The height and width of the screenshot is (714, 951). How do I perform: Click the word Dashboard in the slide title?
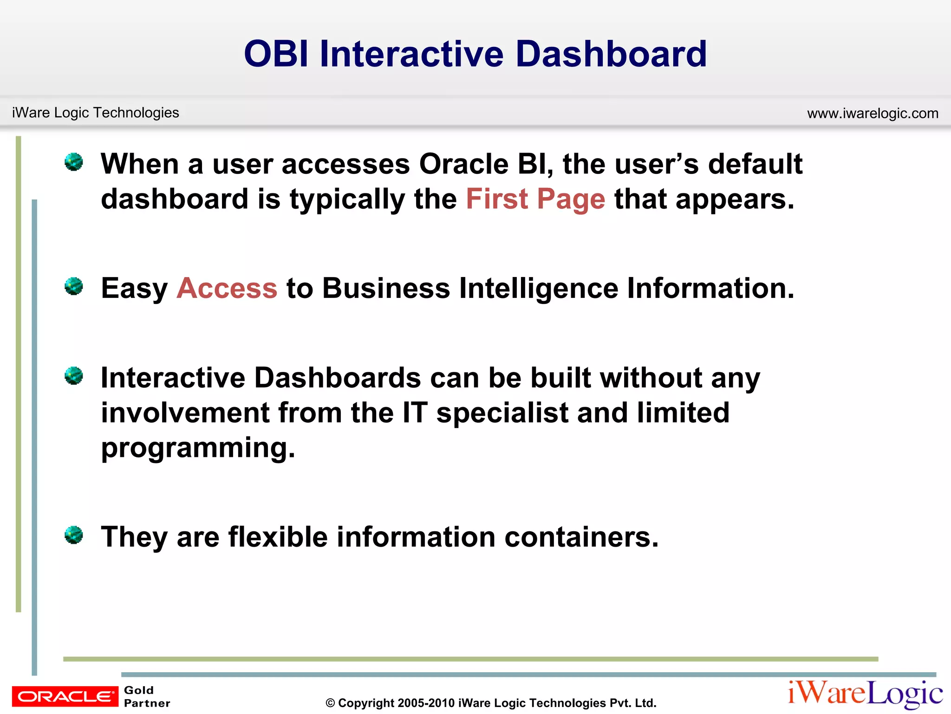pyautogui.click(x=611, y=54)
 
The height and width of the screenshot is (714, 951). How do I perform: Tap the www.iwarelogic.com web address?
pyautogui.click(x=873, y=113)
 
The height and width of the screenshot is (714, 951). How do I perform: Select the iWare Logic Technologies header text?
pyautogui.click(x=95, y=112)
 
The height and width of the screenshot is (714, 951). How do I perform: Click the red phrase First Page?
pyautogui.click(x=535, y=199)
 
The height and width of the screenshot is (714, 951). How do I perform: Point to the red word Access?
pyautogui.click(x=227, y=288)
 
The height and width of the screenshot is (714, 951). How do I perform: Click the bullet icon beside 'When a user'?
pyautogui.click(x=73, y=162)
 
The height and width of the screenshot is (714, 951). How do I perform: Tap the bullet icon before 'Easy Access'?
pyautogui.click(x=73, y=286)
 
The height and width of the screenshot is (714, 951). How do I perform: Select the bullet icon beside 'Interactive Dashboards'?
pyautogui.click(x=73, y=376)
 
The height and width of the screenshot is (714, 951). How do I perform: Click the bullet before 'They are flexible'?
pyautogui.click(x=73, y=535)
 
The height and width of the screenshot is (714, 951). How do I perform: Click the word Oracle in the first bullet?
pyautogui.click(x=463, y=164)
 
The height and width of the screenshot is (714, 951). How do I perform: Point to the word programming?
pyautogui.click(x=198, y=448)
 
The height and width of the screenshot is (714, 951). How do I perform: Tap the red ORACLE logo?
pyautogui.click(x=65, y=696)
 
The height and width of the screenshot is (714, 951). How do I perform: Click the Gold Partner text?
pyautogui.click(x=147, y=696)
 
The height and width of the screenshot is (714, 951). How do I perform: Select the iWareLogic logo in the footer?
pyautogui.click(x=865, y=694)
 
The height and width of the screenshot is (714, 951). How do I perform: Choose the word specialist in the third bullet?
pyautogui.click(x=502, y=413)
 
